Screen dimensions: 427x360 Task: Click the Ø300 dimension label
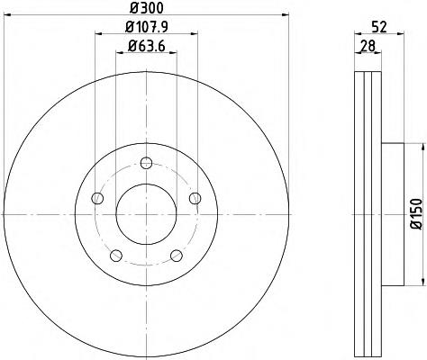coord(147,7)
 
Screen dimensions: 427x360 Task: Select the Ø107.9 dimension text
coord(146,28)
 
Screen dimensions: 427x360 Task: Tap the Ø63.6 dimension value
coord(146,46)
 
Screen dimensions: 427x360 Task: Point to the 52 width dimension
coord(379,27)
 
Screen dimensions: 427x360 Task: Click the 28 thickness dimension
coord(368,46)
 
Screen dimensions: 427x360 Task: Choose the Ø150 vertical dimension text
coord(416,214)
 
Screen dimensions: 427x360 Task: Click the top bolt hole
coord(146,163)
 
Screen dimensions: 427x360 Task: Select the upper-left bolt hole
coord(97,198)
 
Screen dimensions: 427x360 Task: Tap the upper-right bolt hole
coord(195,198)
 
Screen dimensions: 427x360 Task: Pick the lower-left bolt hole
coord(116,256)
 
